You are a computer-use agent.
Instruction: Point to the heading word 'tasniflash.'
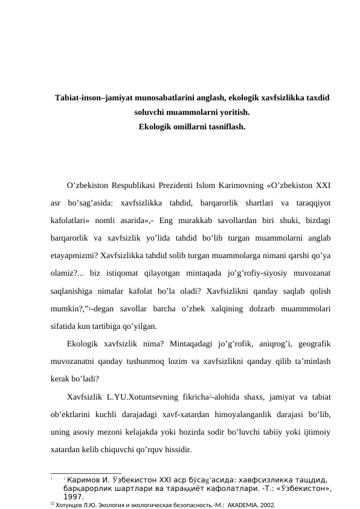[223, 127]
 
